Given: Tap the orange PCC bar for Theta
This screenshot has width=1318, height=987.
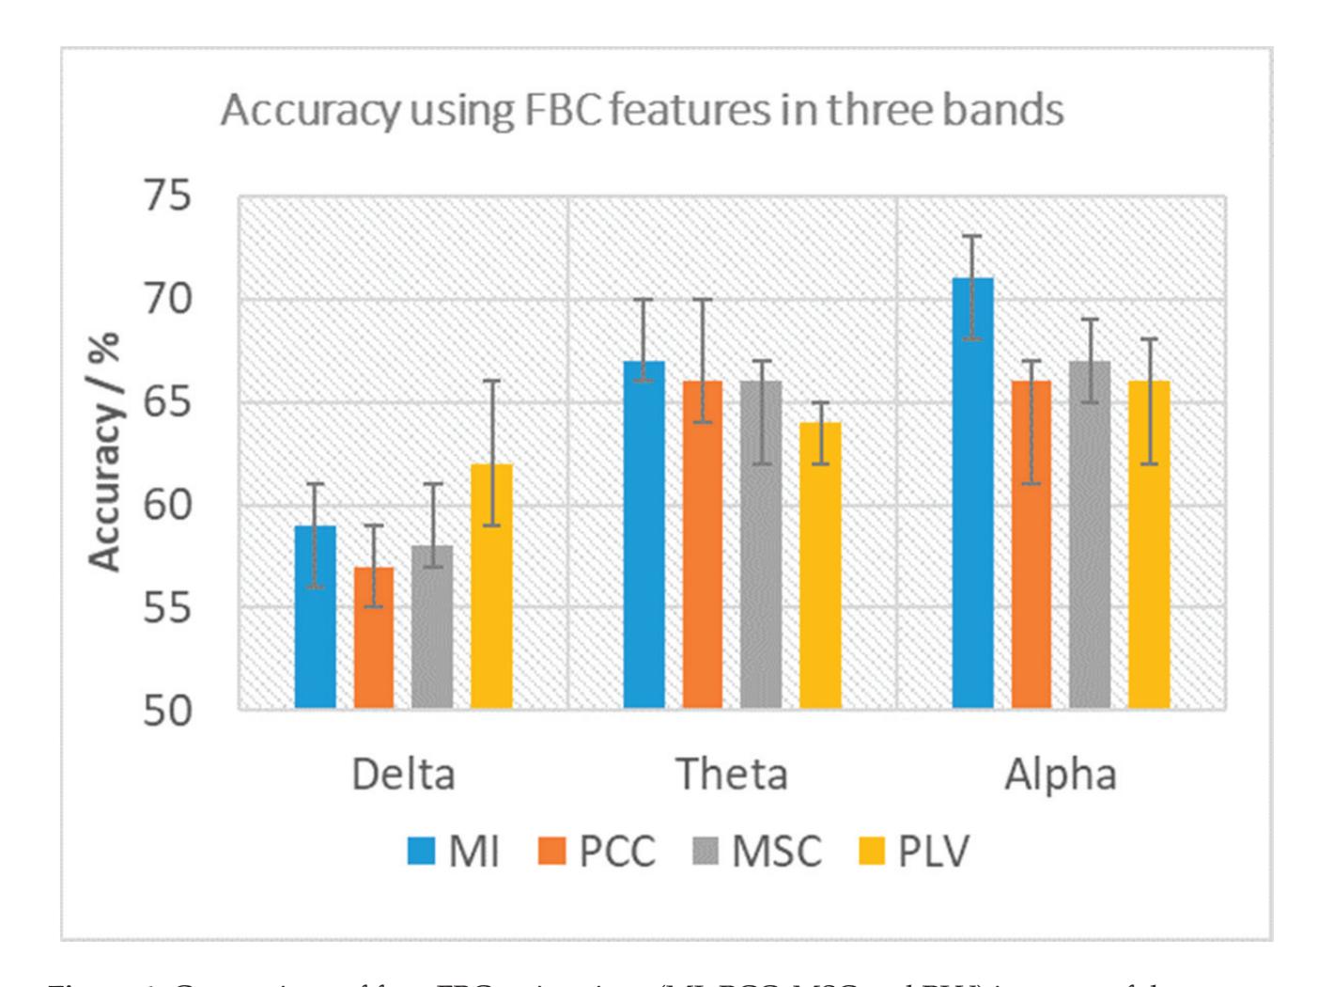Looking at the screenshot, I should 703,544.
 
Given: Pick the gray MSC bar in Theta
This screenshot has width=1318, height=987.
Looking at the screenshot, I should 761,544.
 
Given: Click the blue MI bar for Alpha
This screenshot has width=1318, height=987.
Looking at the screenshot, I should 972,493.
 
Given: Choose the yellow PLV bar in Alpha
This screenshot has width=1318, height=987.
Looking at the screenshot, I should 1149,544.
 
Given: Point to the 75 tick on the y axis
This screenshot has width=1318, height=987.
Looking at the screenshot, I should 167,196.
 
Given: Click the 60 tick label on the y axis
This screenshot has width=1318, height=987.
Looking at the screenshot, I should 167,505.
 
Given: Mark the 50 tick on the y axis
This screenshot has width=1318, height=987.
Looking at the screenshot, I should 167,711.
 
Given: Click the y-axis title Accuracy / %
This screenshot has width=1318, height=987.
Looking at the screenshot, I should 105,452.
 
